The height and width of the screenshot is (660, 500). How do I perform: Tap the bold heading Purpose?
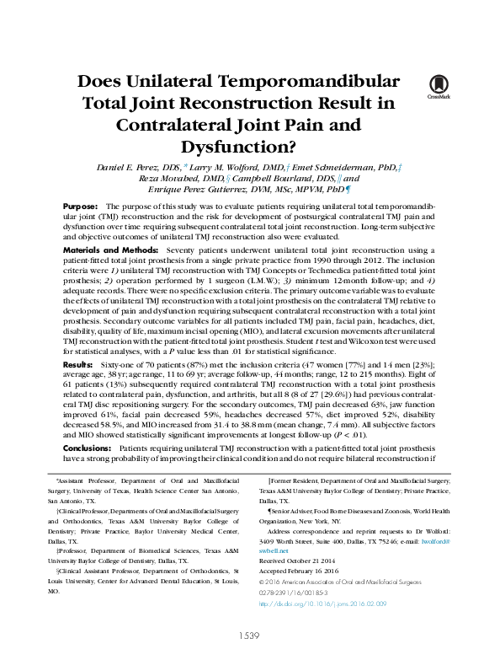tap(80, 207)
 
